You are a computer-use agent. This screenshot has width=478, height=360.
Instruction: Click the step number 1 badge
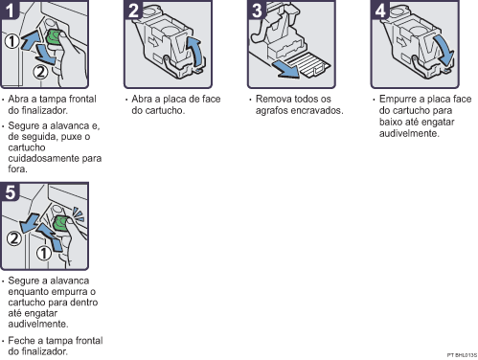(x=9, y=10)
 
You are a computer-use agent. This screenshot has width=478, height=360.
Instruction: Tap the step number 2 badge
(x=133, y=10)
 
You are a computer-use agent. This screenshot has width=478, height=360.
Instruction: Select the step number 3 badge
(x=257, y=10)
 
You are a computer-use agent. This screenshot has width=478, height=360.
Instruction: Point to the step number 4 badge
(x=380, y=10)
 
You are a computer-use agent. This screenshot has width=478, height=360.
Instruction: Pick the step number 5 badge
(x=10, y=191)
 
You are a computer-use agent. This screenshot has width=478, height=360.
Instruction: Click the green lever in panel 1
(x=54, y=37)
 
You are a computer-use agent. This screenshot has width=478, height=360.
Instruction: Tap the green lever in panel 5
(x=60, y=222)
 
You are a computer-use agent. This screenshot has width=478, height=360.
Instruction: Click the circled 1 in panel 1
(x=12, y=41)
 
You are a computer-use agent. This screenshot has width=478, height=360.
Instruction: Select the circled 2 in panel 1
(x=40, y=72)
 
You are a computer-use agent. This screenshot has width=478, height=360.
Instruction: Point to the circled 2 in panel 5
(x=14, y=238)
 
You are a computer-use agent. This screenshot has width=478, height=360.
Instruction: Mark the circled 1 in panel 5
(x=43, y=254)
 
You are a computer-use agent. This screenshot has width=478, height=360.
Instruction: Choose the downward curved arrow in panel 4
(x=444, y=50)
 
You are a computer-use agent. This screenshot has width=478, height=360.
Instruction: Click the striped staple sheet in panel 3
(x=308, y=65)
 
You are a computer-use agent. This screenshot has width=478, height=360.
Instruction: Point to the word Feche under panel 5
(x=18, y=341)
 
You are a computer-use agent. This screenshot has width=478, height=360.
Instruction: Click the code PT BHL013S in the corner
(x=462, y=355)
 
